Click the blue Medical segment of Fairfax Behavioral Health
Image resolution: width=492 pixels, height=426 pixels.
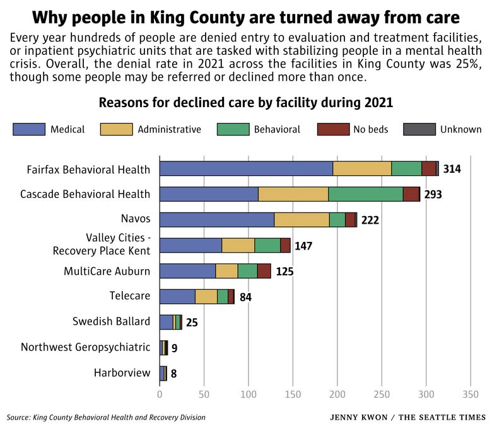pyautogui.click(x=246, y=168)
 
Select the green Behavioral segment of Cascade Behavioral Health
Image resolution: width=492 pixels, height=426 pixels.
pyautogui.click(x=365, y=194)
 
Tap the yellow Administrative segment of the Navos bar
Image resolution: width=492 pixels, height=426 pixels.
pyautogui.click(x=302, y=219)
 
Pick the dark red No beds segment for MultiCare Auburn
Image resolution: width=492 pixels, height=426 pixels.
pyautogui.click(x=264, y=271)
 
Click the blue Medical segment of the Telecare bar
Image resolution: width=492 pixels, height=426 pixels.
pyautogui.click(x=177, y=297)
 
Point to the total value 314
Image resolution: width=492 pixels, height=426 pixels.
pyautogui.click(x=452, y=169)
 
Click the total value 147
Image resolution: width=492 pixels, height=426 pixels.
pyautogui.click(x=303, y=246)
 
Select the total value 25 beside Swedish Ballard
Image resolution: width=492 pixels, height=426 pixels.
pyautogui.click(x=192, y=323)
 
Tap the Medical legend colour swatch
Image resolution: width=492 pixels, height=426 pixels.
pyautogui.click(x=29, y=129)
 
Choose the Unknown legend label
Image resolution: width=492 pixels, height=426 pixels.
pyautogui.click(x=460, y=129)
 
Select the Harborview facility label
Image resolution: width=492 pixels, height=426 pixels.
pyautogui.click(x=122, y=372)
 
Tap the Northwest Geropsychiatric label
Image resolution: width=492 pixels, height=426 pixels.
pyautogui.click(x=85, y=347)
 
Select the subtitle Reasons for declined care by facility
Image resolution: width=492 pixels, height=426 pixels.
pyautogui.click(x=245, y=103)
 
